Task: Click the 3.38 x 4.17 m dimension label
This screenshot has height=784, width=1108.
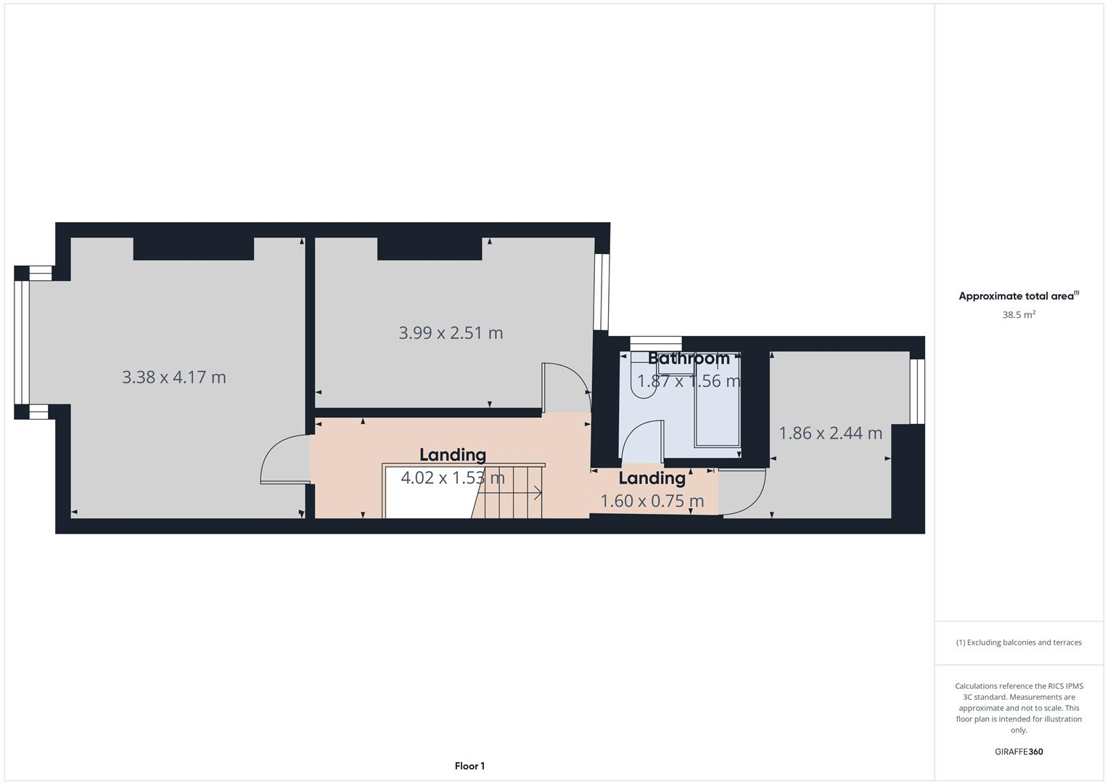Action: click(174, 377)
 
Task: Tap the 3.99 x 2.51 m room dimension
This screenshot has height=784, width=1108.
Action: click(451, 333)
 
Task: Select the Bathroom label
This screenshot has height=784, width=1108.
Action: click(689, 358)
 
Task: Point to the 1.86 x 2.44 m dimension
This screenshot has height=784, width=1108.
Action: click(830, 433)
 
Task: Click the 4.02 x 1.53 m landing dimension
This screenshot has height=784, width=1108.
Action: click(453, 478)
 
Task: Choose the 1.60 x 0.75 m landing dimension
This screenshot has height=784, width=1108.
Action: click(652, 501)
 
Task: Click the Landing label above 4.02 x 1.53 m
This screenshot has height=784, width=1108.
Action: click(453, 454)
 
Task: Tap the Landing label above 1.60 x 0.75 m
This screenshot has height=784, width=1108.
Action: click(652, 478)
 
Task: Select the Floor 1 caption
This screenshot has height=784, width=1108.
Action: click(469, 766)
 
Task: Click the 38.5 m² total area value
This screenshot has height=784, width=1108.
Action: click(1019, 315)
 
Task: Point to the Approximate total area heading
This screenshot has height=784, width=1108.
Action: click(1018, 296)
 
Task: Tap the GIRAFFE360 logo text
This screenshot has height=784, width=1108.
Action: click(1019, 752)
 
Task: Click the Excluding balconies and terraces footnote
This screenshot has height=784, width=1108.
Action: click(1019, 642)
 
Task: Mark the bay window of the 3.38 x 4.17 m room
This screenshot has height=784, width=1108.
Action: click(22, 342)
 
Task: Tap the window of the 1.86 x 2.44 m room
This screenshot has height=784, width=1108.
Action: click(917, 391)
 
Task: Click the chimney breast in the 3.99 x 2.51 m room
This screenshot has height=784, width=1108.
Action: click(430, 249)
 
